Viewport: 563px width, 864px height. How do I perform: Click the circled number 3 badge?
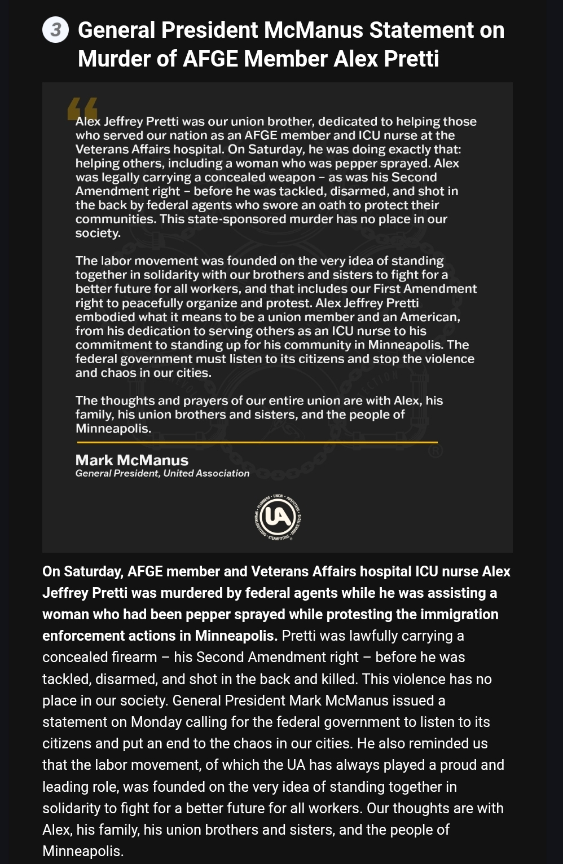tap(55, 30)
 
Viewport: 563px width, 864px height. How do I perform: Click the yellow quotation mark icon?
tap(82, 109)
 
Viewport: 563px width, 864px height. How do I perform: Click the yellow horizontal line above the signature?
tap(257, 442)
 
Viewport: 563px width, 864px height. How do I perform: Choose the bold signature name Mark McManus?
tap(132, 460)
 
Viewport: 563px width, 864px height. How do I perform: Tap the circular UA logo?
tap(277, 517)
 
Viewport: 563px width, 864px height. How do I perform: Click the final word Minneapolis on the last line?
tap(82, 851)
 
